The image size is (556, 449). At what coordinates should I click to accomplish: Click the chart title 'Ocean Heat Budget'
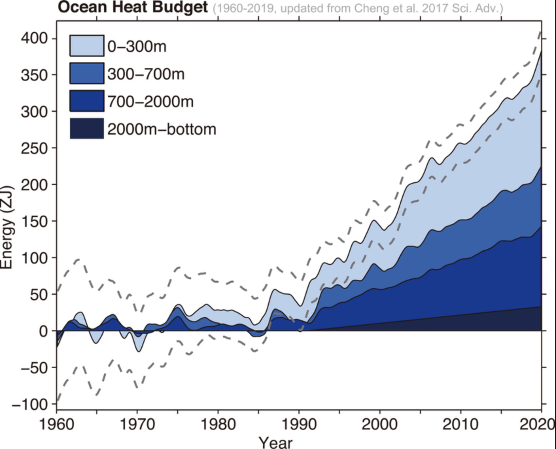[133, 7]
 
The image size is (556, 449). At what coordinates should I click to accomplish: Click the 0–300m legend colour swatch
[87, 46]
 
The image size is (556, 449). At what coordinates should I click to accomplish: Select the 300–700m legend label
[146, 74]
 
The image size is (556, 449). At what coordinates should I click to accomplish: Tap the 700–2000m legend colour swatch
[87, 101]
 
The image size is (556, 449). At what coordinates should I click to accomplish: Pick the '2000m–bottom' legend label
[162, 129]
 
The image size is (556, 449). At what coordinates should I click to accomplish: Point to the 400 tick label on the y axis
[34, 39]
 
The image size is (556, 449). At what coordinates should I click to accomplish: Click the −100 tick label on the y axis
[30, 405]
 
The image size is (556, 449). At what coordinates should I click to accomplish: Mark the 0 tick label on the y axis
[43, 331]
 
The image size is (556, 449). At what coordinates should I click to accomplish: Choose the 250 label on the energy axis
[34, 148]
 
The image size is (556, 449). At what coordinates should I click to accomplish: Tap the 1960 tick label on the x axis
[57, 424]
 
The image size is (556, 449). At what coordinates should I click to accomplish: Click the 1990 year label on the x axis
[299, 424]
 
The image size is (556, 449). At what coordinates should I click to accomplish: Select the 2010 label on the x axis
[460, 424]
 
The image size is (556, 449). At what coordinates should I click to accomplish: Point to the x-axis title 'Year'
[275, 442]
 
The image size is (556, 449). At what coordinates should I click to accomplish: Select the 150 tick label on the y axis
[34, 222]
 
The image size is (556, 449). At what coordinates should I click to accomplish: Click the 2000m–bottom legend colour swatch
[87, 128]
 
